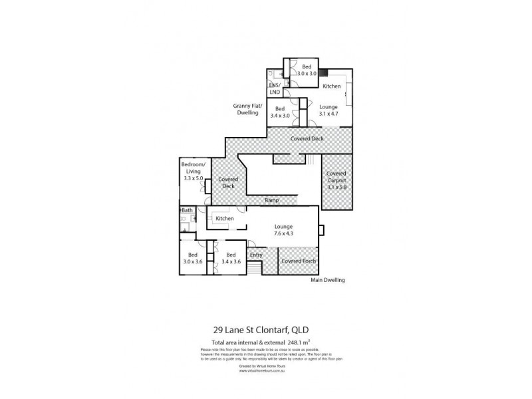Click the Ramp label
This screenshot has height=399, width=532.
pyautogui.click(x=272, y=200)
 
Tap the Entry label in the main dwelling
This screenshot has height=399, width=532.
pyautogui.click(x=255, y=255)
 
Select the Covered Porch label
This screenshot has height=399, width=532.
pyautogui.click(x=299, y=261)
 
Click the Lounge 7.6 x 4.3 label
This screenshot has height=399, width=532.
pyautogui.click(x=283, y=230)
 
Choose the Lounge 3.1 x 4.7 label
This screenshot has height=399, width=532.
pyautogui.click(x=328, y=110)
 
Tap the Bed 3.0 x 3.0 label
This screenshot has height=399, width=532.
pyautogui.click(x=307, y=70)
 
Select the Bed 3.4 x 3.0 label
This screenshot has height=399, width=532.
pyautogui.click(x=280, y=112)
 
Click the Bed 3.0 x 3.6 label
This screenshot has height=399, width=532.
pyautogui.click(x=193, y=258)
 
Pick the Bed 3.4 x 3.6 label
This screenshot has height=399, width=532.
pyautogui.click(x=231, y=258)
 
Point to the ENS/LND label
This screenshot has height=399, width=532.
pyautogui.click(x=275, y=88)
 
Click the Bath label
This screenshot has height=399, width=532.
pyautogui.click(x=188, y=211)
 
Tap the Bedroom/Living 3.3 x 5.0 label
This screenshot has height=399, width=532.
pyautogui.click(x=194, y=171)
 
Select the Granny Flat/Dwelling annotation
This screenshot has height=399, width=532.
pyautogui.click(x=248, y=110)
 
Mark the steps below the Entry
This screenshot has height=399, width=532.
pyautogui.click(x=253, y=268)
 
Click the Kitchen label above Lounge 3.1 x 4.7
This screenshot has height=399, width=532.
pyautogui.click(x=332, y=86)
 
